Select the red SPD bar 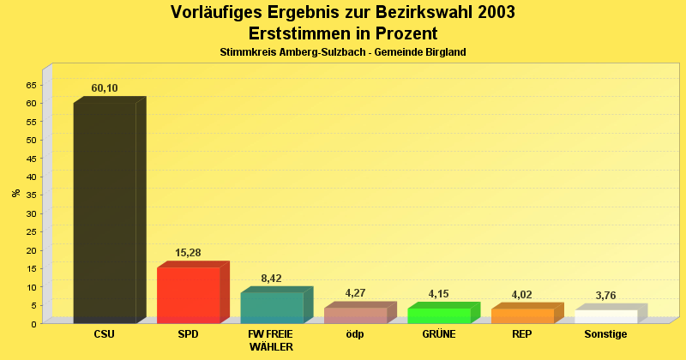(x=188, y=295)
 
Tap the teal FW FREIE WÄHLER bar (x=271, y=308)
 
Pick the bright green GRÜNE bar (x=438, y=315)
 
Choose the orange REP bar (x=522, y=315)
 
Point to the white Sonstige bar (x=605, y=316)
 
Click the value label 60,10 (x=105, y=88)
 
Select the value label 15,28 (x=188, y=253)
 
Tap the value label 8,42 (x=271, y=279)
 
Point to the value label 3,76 (x=605, y=296)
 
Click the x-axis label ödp (x=355, y=334)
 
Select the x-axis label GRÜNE (x=438, y=334)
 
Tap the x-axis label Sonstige (x=605, y=334)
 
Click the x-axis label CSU (x=105, y=334)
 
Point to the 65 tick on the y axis (x=32, y=85)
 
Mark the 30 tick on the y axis (x=32, y=213)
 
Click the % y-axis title (x=15, y=193)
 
